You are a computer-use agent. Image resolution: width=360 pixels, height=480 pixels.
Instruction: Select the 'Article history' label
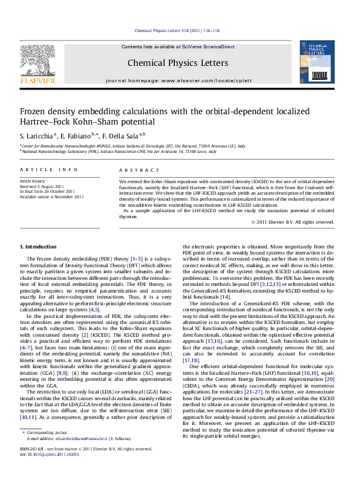point(33,181)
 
